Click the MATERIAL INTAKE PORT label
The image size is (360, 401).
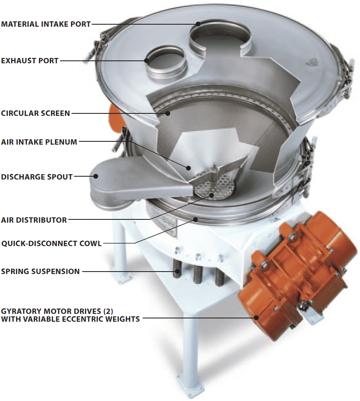pyautogui.click(x=46, y=24)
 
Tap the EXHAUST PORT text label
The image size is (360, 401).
pyautogui.click(x=30, y=61)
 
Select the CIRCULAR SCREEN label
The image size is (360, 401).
pyautogui.click(x=36, y=113)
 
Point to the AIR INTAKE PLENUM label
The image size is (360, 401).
pyautogui.click(x=39, y=142)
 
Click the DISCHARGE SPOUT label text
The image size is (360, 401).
pyautogui.click(x=37, y=177)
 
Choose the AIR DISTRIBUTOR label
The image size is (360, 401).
pyautogui.click(x=34, y=220)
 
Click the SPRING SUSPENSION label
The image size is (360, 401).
pyautogui.click(x=40, y=271)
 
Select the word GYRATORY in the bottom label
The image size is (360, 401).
pyautogui.click(x=22, y=311)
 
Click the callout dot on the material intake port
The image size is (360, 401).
pyautogui.click(x=198, y=24)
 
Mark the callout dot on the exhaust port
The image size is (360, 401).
pyautogui.click(x=147, y=61)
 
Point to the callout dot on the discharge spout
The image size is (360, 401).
pyautogui.click(x=96, y=176)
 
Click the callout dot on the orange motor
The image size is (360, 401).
pyautogui.click(x=256, y=318)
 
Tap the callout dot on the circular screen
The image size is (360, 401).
pyautogui.click(x=168, y=113)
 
